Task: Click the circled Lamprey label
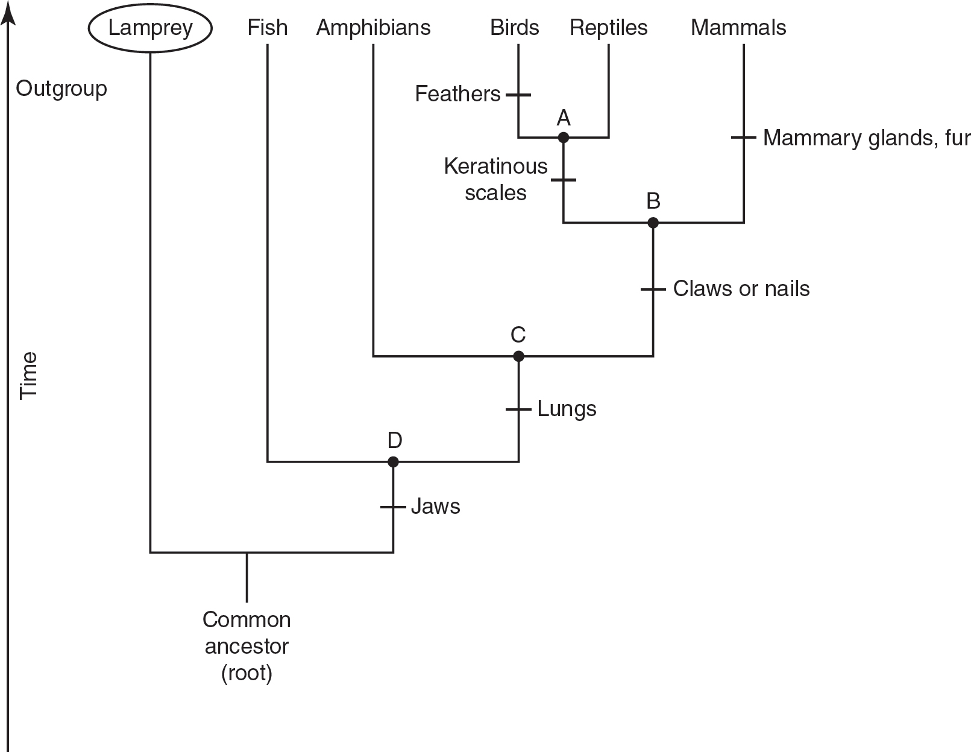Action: [x=150, y=28]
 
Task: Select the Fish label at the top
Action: [x=267, y=28]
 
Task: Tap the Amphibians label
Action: [x=373, y=28]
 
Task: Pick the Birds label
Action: [x=514, y=28]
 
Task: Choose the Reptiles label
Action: [x=608, y=28]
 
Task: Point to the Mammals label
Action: [x=738, y=28]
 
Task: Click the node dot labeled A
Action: [x=563, y=137]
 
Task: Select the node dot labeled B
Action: [x=653, y=223]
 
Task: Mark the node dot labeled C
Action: [x=518, y=356]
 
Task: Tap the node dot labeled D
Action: [x=393, y=462]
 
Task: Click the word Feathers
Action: [x=457, y=94]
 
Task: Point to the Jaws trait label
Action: [x=435, y=507]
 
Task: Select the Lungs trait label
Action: [x=567, y=409]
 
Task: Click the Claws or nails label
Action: [x=741, y=289]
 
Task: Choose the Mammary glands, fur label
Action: [x=866, y=138]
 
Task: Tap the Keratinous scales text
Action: [x=495, y=179]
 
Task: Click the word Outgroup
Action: [x=61, y=89]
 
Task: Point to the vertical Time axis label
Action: [x=28, y=375]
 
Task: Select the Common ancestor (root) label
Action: [x=247, y=646]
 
